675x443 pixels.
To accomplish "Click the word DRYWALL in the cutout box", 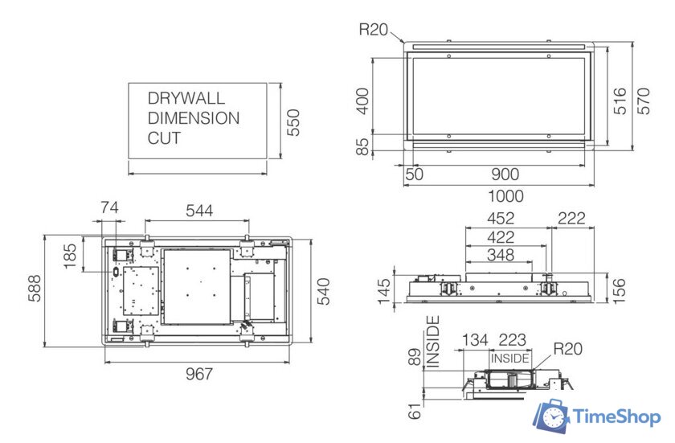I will [186, 98].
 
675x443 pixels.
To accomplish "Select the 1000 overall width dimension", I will [505, 195].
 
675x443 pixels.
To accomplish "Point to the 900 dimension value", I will [505, 174].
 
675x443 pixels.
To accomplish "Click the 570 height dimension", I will [644, 101].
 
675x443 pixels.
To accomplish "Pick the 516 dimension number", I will [620, 101].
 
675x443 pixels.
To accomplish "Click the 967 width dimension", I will [198, 374].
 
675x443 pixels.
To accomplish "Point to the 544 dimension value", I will [199, 211].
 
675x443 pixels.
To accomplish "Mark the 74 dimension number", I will [108, 208].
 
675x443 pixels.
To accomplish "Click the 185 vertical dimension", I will [70, 256].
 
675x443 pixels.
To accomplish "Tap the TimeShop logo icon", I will [552, 416].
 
